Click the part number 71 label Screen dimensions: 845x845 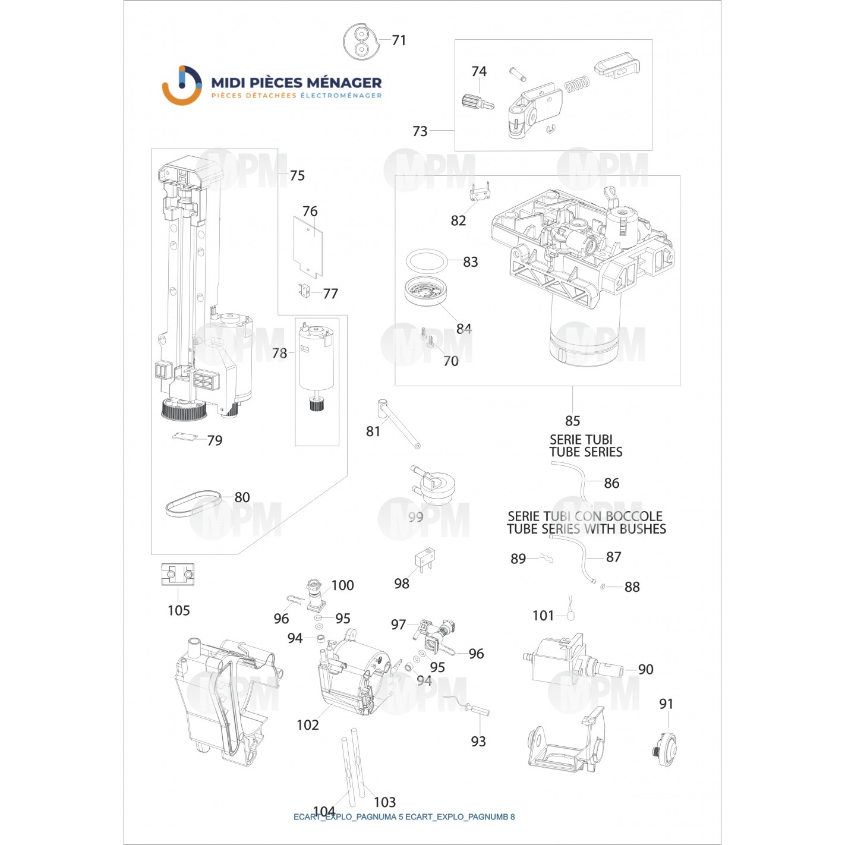399,40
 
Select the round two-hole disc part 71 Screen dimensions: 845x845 360,42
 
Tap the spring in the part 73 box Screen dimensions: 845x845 577,86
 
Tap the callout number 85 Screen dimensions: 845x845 572,421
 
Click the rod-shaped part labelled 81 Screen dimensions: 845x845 398,424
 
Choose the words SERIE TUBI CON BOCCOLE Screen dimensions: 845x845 585,516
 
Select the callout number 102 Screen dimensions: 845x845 308,725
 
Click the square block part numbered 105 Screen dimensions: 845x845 178,575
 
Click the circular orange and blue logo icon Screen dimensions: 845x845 182,85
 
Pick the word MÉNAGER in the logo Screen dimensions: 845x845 348,83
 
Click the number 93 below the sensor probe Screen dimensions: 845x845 478,742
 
